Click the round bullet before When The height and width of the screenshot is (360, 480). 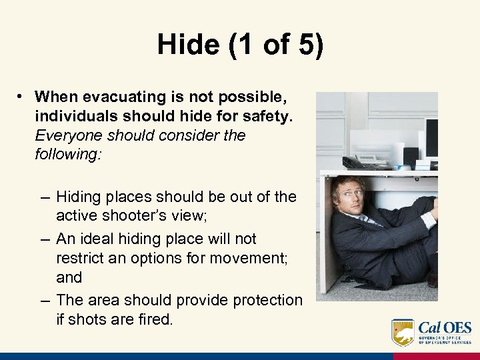(22, 97)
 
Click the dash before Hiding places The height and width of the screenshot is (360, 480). (44, 197)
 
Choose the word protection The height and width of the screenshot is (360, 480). (267, 300)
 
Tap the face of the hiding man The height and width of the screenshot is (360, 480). (348, 195)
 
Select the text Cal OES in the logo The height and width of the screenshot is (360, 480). (445, 327)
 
